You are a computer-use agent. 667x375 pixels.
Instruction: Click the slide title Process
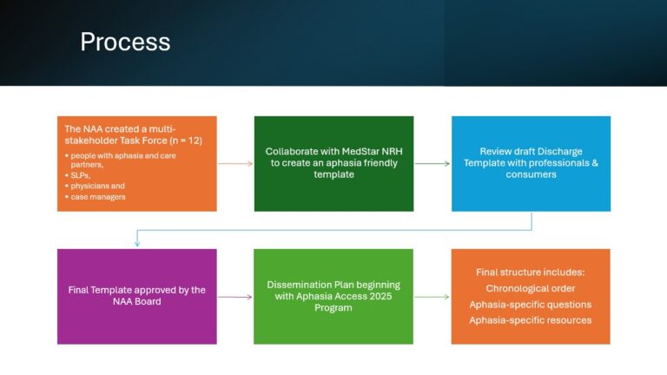(125, 42)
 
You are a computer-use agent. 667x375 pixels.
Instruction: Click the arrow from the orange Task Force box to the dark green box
(235, 163)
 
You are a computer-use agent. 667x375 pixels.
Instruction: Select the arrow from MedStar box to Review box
(433, 163)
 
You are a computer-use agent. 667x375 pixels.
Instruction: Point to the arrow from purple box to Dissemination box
(235, 297)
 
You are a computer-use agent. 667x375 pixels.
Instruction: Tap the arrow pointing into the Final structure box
(432, 297)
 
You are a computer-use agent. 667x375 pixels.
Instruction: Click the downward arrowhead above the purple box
(137, 244)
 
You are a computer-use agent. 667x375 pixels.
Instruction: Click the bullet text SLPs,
(81, 175)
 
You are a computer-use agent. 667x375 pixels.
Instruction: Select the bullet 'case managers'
(98, 197)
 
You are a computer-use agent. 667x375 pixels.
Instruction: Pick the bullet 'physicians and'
(97, 186)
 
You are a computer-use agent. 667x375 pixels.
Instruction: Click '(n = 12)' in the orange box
(186, 141)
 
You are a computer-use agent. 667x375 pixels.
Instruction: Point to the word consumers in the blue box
(531, 174)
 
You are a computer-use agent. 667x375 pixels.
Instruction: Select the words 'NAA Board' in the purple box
(137, 301)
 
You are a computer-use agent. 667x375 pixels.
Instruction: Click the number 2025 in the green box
(380, 296)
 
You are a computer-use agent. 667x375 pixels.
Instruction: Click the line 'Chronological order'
(531, 288)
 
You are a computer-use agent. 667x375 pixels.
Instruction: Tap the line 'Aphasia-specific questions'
(531, 305)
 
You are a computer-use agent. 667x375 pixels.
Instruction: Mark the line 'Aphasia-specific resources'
(531, 320)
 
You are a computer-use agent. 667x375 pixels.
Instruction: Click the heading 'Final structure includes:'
(531, 272)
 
